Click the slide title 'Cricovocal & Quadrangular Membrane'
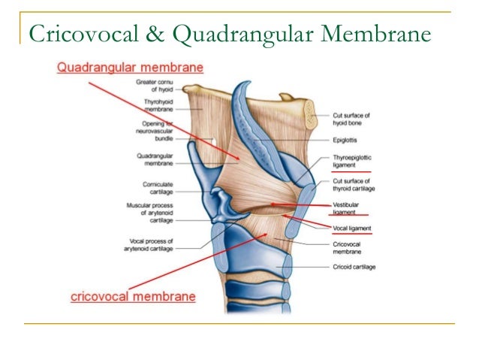(x=228, y=35)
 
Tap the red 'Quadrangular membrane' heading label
(x=130, y=68)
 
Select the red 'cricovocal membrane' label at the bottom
(x=133, y=296)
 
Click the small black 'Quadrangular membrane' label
(x=156, y=159)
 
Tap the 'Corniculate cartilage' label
(x=158, y=187)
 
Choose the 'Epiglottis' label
(x=345, y=139)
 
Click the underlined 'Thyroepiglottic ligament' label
(x=352, y=161)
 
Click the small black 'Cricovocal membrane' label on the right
(x=348, y=247)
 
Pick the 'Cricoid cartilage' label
(x=354, y=267)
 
